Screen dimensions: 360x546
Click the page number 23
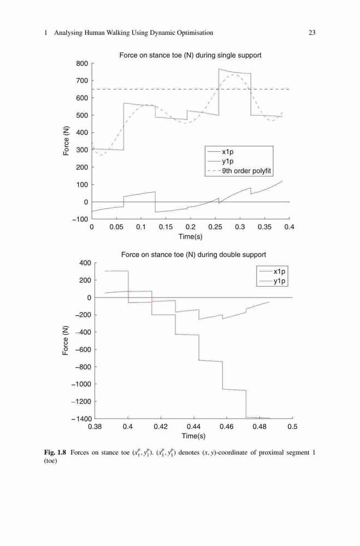[312, 33]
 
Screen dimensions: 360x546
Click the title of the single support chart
[190, 55]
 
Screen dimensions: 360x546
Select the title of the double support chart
[193, 255]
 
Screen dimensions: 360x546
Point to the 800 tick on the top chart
[82, 63]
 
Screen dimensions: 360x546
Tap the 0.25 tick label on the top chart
[215, 227]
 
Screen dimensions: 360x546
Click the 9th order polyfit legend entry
[247, 171]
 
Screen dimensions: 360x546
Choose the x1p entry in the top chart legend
[228, 152]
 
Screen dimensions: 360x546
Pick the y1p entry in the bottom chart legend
[280, 281]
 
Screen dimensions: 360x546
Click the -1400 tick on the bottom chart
[81, 419]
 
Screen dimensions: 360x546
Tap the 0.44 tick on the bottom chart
[193, 427]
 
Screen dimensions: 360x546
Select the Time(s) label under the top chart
[190, 237]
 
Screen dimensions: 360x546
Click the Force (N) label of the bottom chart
[66, 341]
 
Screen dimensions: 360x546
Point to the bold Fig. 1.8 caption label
[55, 453]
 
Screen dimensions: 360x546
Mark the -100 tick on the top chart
[80, 219]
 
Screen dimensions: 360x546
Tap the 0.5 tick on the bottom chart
[293, 427]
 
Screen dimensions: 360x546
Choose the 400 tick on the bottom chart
[85, 263]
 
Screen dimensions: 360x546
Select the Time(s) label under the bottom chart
[193, 436]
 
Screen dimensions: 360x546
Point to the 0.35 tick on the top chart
[264, 227]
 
